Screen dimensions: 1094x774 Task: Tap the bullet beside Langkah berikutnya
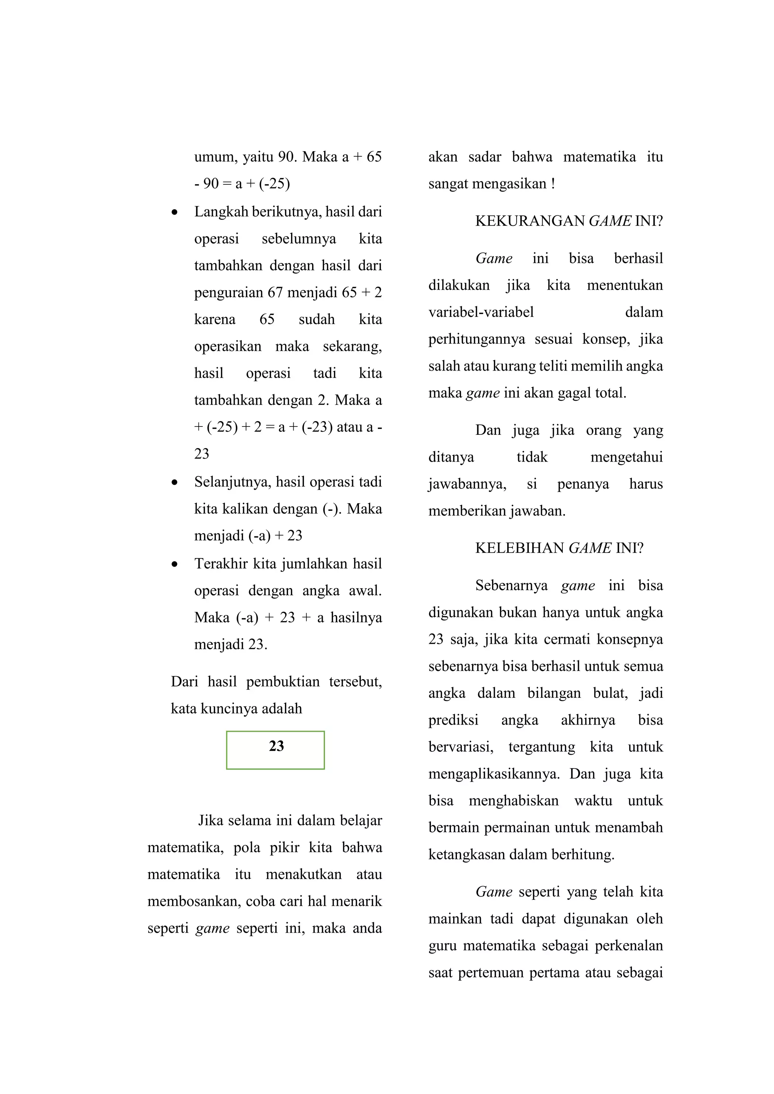pyautogui.click(x=175, y=212)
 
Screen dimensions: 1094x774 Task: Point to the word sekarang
pyautogui.click(x=352, y=346)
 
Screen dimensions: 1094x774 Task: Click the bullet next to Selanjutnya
pyautogui.click(x=175, y=482)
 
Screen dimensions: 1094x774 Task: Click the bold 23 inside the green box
pyautogui.click(x=276, y=746)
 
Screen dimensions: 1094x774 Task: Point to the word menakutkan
pyautogui.click(x=303, y=875)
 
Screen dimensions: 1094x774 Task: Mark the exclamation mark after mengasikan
pyautogui.click(x=553, y=184)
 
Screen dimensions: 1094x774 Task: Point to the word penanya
pyautogui.click(x=583, y=484)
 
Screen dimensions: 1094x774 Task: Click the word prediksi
pyautogui.click(x=453, y=720)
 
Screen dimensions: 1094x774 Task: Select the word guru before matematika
pyautogui.click(x=442, y=946)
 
